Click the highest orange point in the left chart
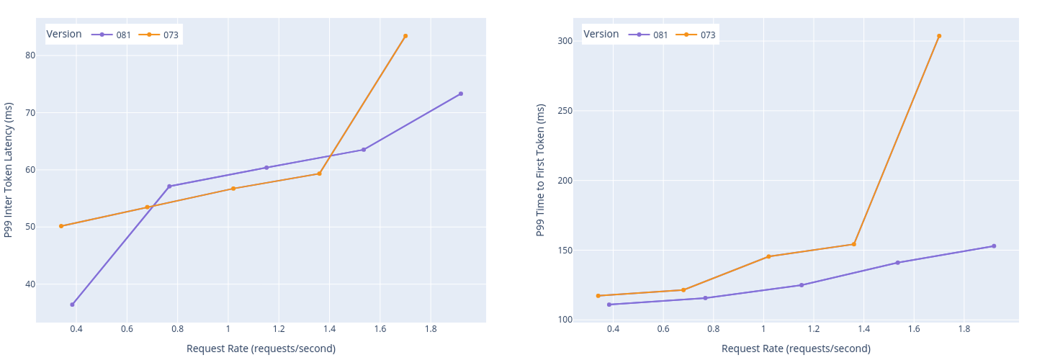pos(405,36)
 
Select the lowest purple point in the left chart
pos(72,305)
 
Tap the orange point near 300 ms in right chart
pos(939,36)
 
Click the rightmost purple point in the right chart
pos(994,246)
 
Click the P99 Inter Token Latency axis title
pos(9,170)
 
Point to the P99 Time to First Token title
pos(541,170)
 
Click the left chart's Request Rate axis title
pos(261,348)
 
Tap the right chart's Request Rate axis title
pos(796,348)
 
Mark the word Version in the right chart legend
pos(601,34)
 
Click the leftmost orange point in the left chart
pos(61,226)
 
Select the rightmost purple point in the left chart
pos(461,94)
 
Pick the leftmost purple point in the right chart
pos(609,305)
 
